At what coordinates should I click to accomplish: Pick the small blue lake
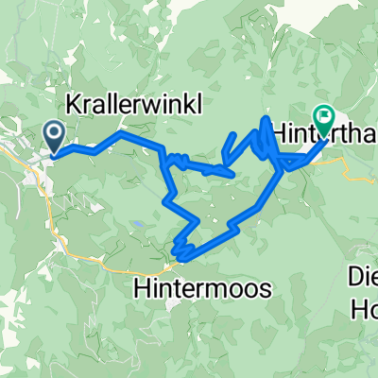tap(138, 223)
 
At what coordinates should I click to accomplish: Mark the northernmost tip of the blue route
tap(264, 116)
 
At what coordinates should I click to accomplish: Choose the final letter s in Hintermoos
tap(265, 286)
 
